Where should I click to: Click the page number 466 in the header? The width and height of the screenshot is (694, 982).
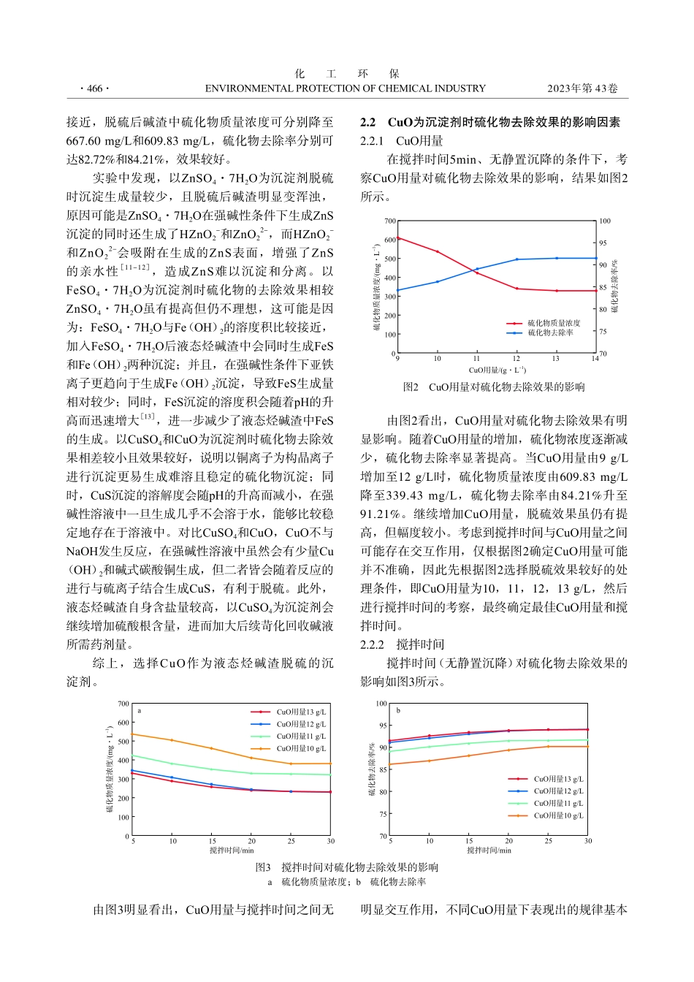pos(94,88)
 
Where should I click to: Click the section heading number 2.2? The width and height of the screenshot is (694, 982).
pos(367,122)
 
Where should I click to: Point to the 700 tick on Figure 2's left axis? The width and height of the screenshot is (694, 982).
pos(390,221)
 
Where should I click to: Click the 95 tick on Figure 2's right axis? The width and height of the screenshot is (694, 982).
pos(603,243)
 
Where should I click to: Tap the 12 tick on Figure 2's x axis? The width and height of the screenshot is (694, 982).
pos(516,358)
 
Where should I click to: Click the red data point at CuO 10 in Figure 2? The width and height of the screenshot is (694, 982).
pos(438,251)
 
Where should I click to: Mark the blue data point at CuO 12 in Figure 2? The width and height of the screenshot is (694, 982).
pos(516,259)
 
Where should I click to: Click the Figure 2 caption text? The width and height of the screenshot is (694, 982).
pos(494,387)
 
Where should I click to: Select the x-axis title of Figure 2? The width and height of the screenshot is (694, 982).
pos(497,370)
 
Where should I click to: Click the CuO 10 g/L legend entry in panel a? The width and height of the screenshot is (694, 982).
pos(300,748)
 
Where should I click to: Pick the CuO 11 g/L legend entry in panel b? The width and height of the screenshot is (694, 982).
pos(558,803)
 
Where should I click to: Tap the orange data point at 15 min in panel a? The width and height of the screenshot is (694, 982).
pos(212,748)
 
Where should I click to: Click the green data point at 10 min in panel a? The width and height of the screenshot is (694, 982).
pos(172,764)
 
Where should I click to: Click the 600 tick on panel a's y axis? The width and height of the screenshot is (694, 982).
pos(124,723)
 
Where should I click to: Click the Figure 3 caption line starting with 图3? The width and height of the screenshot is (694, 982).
pos(347,867)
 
